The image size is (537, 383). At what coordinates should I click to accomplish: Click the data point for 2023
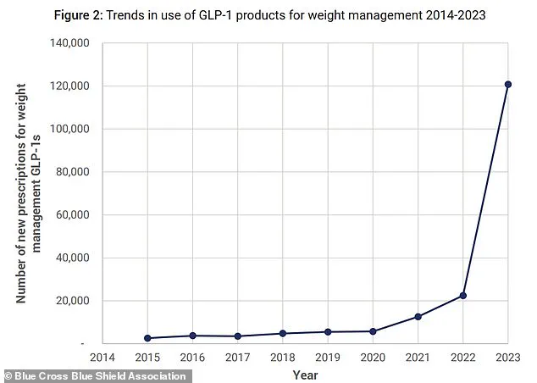508,84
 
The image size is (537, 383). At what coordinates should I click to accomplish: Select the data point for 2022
463,296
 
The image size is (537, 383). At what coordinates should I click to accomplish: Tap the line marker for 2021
418,317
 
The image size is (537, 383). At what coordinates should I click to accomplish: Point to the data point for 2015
147,338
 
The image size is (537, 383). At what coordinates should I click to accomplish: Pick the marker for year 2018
283,333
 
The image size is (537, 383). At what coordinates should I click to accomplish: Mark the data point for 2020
373,331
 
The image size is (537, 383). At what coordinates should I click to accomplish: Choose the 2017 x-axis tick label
238,358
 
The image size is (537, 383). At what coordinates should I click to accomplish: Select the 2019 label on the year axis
328,358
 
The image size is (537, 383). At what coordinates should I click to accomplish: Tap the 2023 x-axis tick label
508,358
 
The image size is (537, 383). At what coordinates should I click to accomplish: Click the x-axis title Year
305,374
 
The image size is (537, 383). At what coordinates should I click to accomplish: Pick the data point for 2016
193,336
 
